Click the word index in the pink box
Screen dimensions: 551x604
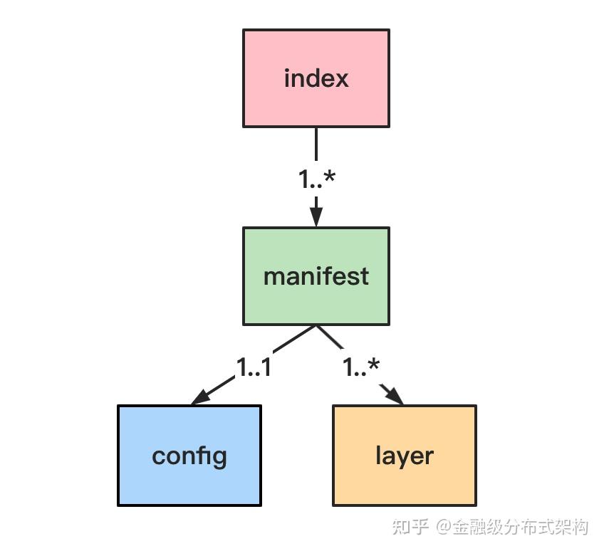(x=316, y=78)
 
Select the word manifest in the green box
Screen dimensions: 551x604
(x=316, y=276)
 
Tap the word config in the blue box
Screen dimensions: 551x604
(x=189, y=456)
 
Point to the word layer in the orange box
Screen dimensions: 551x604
(x=405, y=456)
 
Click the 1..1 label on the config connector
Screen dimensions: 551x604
(x=254, y=367)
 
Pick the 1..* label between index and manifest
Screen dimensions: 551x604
(x=316, y=179)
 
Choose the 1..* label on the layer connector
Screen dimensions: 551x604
(x=361, y=367)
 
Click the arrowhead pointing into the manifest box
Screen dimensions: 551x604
(x=316, y=216)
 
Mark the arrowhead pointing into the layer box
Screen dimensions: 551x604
(x=394, y=395)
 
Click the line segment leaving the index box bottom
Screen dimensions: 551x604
(x=316, y=145)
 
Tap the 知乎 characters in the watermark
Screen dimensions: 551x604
(x=412, y=528)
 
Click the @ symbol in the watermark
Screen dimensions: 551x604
(x=443, y=528)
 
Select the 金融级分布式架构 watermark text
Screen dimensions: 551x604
(x=521, y=528)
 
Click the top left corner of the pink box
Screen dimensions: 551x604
(x=244, y=30)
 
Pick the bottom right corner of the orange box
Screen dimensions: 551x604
(x=475, y=505)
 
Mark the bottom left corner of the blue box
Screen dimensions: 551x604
(x=118, y=505)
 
